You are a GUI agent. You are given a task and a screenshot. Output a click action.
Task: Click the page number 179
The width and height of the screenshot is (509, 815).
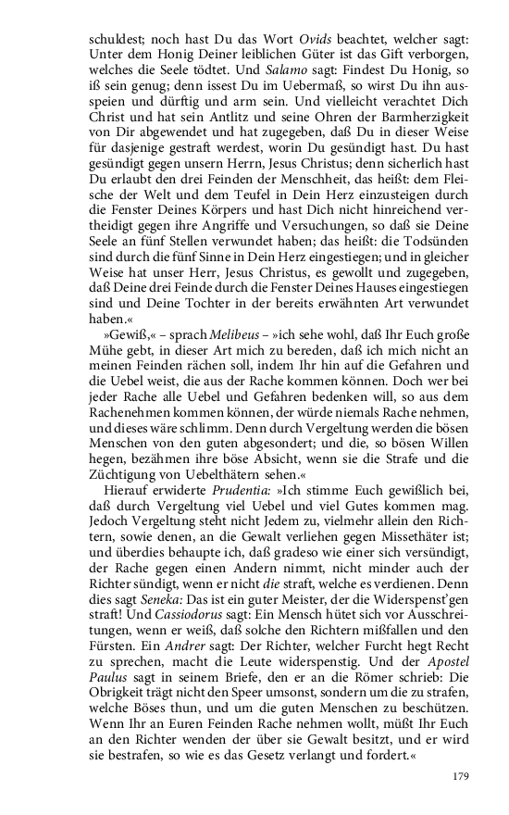pyautogui.click(x=461, y=776)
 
